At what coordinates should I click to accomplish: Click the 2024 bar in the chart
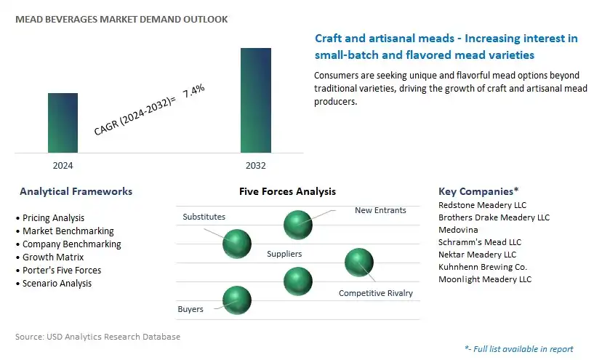[x=63, y=123]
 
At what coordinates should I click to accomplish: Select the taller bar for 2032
[x=256, y=100]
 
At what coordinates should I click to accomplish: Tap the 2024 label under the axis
[x=63, y=166]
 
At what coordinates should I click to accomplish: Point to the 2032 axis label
[x=256, y=166]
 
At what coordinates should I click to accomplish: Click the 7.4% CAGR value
[x=193, y=91]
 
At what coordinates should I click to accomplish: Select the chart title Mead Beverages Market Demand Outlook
[x=121, y=19]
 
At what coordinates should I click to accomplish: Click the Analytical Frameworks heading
[x=76, y=191]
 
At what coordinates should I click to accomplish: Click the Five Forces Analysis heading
[x=288, y=191]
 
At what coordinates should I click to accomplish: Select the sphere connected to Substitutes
[x=237, y=244]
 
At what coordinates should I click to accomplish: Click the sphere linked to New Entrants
[x=298, y=225]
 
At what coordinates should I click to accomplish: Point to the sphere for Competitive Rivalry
[x=359, y=263]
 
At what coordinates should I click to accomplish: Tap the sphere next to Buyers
[x=237, y=300]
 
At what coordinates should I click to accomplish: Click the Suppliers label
[x=284, y=254]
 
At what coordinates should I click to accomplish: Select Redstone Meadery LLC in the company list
[x=482, y=205]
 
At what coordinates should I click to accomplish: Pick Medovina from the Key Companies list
[x=459, y=230]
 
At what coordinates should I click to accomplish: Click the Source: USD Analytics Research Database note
[x=98, y=337]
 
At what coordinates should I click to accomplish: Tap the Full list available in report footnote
[x=519, y=349]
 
